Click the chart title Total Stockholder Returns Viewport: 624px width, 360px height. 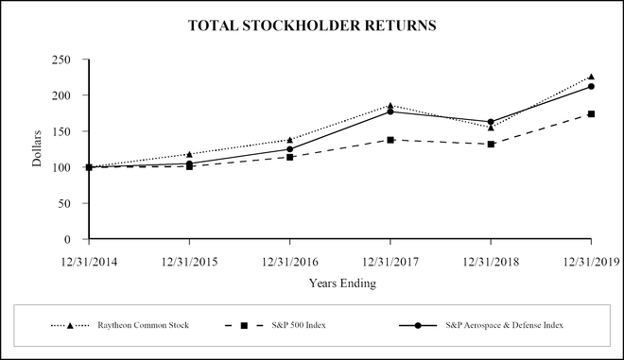[312, 26]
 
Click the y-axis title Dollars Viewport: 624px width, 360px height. [38, 148]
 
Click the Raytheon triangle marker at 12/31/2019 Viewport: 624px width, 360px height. [591, 77]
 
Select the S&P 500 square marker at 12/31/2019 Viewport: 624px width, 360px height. [591, 114]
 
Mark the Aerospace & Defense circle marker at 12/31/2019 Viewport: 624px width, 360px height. [591, 86]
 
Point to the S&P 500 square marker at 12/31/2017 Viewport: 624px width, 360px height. [390, 140]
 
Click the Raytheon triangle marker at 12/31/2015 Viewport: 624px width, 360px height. [189, 154]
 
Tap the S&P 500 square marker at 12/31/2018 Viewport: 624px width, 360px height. [491, 144]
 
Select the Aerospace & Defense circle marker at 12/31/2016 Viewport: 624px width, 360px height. [289, 149]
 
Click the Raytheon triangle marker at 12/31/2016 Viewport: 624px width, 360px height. [289, 140]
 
